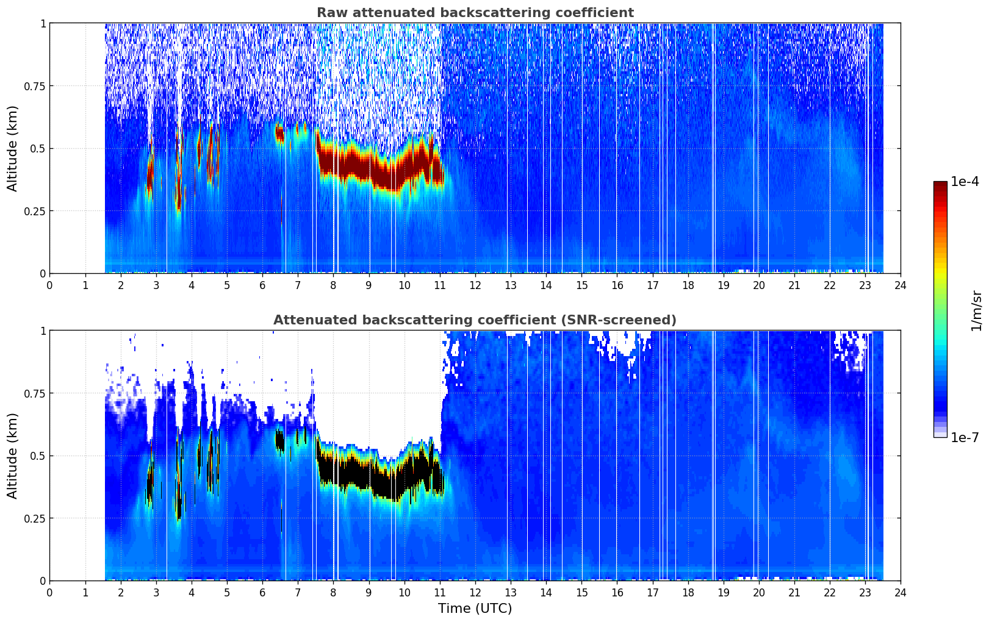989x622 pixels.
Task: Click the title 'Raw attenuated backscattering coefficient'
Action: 475,12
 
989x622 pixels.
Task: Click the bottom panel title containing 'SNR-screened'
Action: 475,320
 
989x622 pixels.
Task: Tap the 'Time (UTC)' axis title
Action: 475,609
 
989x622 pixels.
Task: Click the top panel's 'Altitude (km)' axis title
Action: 12,149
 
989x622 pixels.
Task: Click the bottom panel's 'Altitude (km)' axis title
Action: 12,456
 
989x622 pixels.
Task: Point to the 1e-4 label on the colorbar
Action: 965,181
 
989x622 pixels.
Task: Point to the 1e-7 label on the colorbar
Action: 965,438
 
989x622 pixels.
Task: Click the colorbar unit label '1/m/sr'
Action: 976,310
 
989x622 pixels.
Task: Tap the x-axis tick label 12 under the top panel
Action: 475,285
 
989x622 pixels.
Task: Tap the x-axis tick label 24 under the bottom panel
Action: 901,593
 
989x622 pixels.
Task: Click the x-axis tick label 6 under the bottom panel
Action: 262,593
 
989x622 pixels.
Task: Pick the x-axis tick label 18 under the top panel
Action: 688,285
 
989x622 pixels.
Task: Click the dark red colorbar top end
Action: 940,182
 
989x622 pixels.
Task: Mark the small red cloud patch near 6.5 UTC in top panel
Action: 279,134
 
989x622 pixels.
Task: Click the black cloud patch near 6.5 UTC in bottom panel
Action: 279,441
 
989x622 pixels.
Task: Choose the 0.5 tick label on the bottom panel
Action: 37,456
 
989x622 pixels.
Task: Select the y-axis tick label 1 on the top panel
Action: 43,23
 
